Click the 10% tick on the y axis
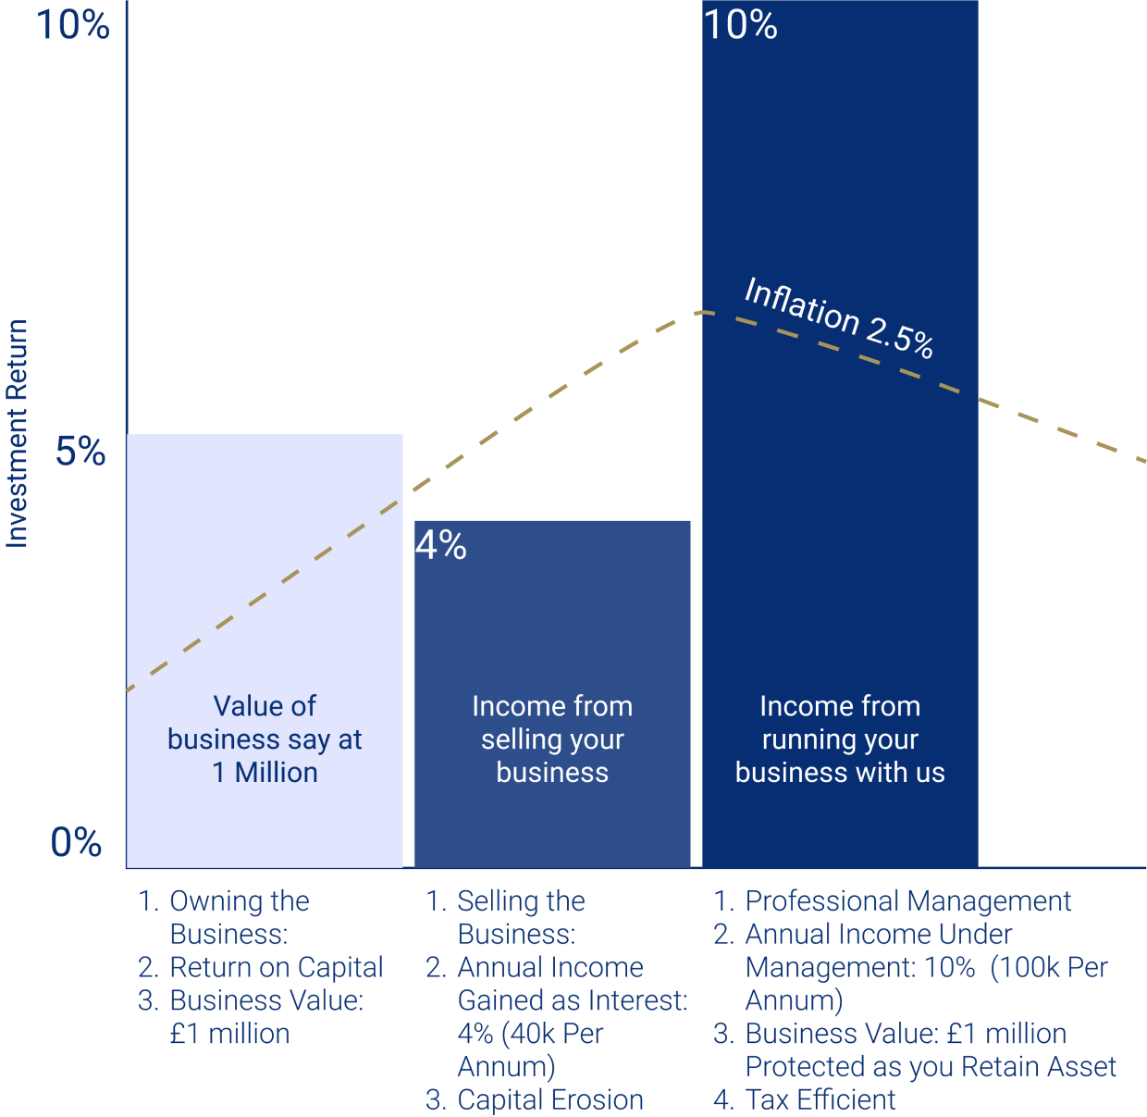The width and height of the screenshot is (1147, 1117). click(x=72, y=24)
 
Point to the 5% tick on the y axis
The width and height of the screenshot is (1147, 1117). click(x=80, y=452)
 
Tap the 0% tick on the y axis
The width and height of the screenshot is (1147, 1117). click(x=76, y=842)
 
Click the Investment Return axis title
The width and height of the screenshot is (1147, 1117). click(x=18, y=433)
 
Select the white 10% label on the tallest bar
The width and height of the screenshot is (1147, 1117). click(x=740, y=24)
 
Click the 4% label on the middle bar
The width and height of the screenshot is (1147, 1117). click(x=440, y=544)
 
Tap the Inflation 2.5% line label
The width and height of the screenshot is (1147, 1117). click(x=838, y=316)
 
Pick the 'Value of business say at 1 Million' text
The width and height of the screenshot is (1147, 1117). click(x=265, y=738)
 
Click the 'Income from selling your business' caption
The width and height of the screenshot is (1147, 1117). click(x=552, y=738)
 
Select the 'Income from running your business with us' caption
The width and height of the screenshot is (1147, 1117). click(x=840, y=738)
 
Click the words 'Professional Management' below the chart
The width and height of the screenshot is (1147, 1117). click(x=907, y=900)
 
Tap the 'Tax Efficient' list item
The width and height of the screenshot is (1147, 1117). click(x=820, y=1099)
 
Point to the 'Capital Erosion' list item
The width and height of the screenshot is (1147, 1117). click(x=550, y=1099)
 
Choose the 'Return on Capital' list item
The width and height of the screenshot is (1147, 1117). click(x=276, y=967)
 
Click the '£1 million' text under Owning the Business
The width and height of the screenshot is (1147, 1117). click(x=229, y=1033)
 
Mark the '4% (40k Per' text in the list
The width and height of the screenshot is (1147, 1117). click(x=530, y=1033)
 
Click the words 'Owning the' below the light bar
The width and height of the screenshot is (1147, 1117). click(x=240, y=900)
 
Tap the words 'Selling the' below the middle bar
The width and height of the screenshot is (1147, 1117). click(x=521, y=900)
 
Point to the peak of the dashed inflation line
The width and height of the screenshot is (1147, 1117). click(x=702, y=312)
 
